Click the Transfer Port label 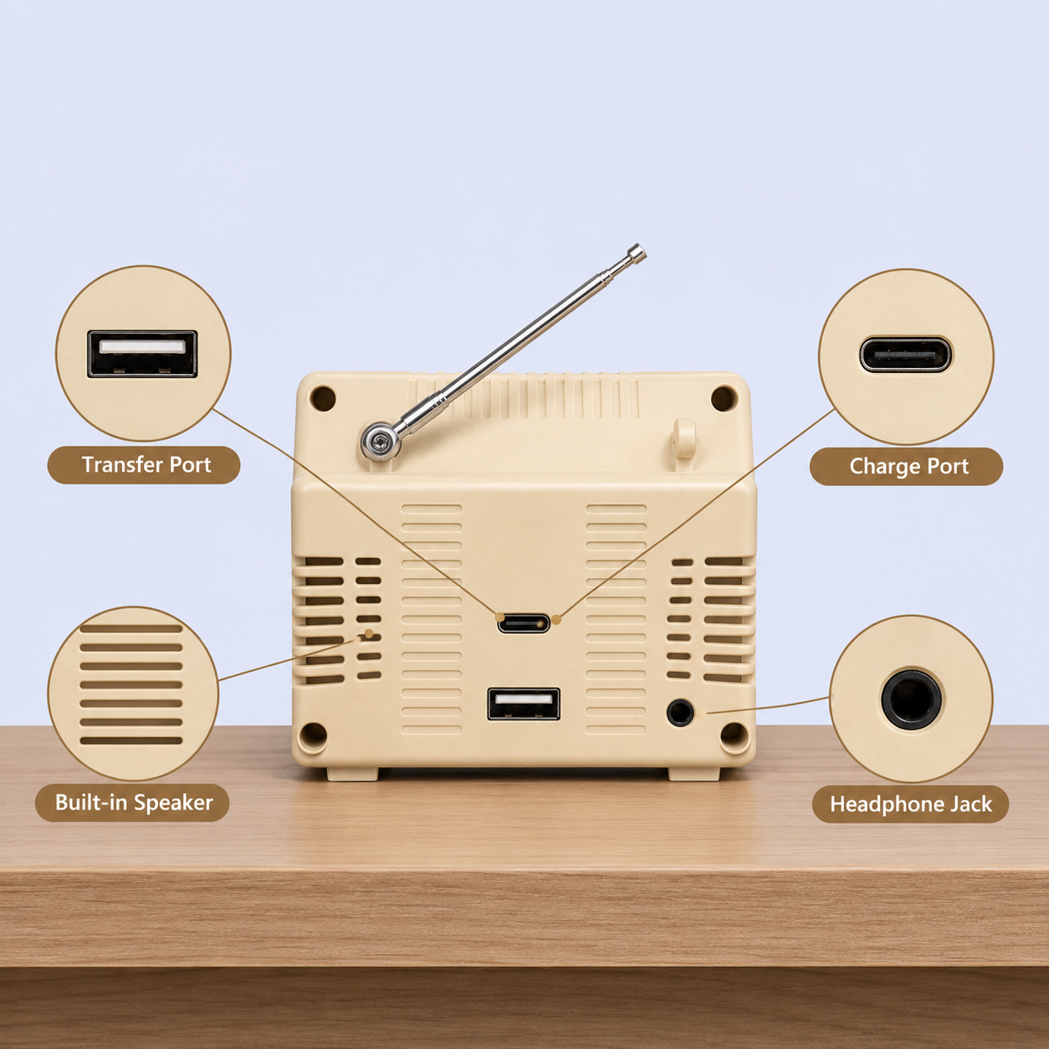(146, 465)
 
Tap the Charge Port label (908, 467)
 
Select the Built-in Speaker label (134, 802)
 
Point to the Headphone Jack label (911, 804)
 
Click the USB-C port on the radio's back (524, 622)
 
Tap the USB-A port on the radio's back (524, 704)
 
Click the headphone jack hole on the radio (680, 713)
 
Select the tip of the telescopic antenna (637, 252)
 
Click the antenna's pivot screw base (381, 442)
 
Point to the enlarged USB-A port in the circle (142, 354)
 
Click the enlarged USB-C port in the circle (905, 356)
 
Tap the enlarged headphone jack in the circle (911, 699)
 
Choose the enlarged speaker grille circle (133, 693)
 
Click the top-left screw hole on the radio (323, 398)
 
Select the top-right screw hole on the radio (724, 398)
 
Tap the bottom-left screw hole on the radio (313, 736)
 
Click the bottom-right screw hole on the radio (734, 736)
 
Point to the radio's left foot (352, 774)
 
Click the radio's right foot (694, 774)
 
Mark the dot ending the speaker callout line (369, 633)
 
